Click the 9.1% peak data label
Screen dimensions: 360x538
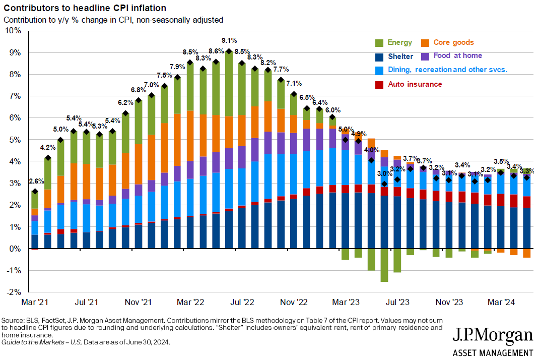pyautogui.click(x=229, y=40)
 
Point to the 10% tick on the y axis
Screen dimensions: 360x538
pyautogui.click(x=14, y=31)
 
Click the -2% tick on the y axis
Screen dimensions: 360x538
pyautogui.click(x=14, y=292)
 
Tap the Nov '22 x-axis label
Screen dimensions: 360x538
pyautogui.click(x=294, y=303)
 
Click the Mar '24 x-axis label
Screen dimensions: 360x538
pyautogui.click(x=501, y=303)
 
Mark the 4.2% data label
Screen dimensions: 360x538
pyautogui.click(x=48, y=148)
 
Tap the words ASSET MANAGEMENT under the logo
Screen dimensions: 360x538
pyautogui.click(x=493, y=352)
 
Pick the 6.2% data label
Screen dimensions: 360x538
pyautogui.click(x=125, y=102)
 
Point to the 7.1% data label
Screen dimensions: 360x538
pyautogui.click(x=294, y=84)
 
